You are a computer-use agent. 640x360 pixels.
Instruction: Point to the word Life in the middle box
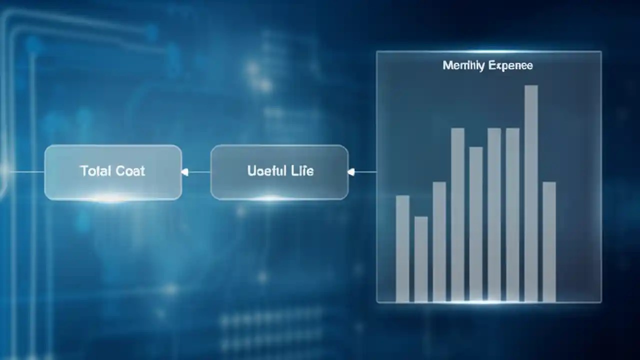click(301, 171)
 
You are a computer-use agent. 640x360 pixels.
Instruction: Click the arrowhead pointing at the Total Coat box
click(184, 172)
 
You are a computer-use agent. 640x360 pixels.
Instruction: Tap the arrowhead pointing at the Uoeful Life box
click(350, 172)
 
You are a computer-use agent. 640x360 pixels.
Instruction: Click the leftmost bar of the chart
click(402, 248)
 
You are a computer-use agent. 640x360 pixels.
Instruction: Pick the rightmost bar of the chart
click(549, 241)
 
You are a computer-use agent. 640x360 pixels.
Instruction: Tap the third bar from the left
click(439, 241)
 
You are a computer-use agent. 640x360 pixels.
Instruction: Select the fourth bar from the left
click(457, 215)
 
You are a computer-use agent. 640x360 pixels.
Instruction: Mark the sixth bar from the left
click(494, 215)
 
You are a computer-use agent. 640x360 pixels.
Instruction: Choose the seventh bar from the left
click(512, 215)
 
